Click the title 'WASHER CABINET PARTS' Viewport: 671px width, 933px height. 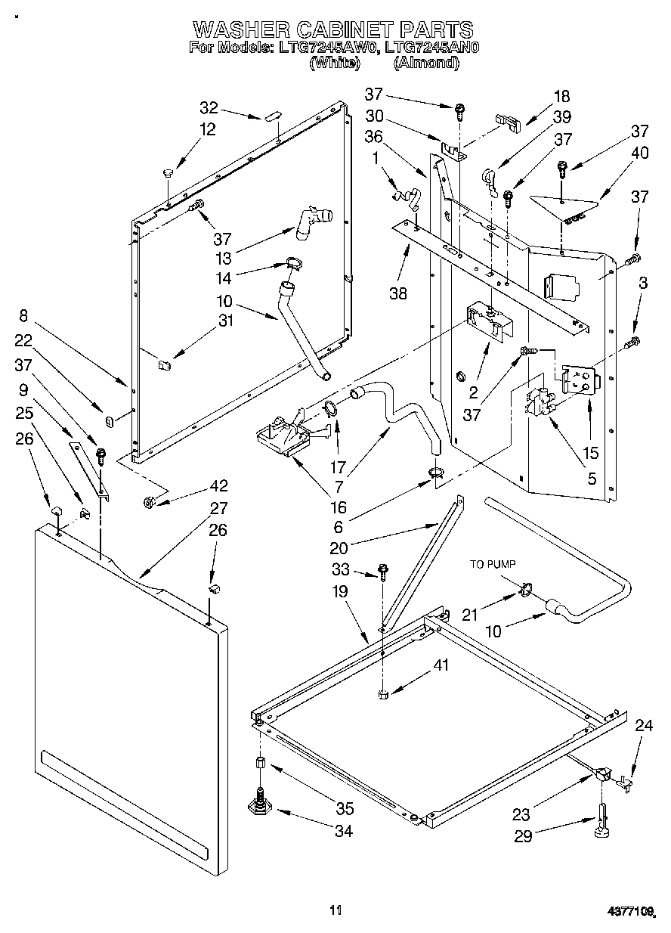tap(333, 29)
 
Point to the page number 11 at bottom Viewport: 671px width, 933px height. tap(336, 910)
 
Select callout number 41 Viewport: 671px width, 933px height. tap(441, 666)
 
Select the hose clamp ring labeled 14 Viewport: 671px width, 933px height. tap(294, 264)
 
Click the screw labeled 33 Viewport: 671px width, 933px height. tap(383, 572)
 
